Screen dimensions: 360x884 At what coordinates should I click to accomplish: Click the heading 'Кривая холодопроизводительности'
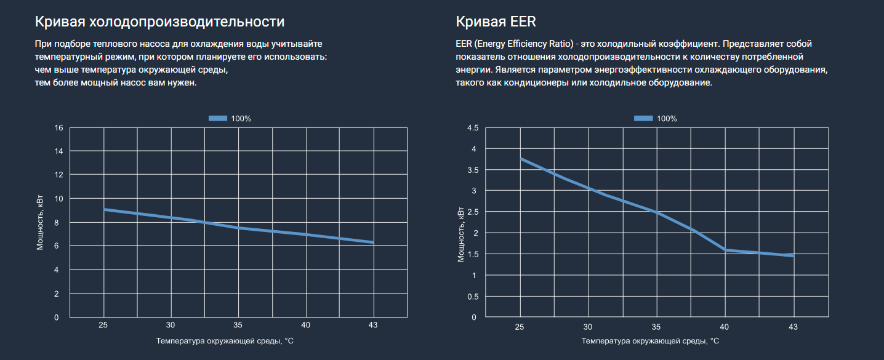click(x=159, y=22)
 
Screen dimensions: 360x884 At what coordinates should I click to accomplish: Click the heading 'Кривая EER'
click(x=496, y=22)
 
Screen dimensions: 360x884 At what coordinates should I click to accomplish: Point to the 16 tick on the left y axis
click(x=59, y=128)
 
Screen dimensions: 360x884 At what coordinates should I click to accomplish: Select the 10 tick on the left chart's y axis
click(x=59, y=199)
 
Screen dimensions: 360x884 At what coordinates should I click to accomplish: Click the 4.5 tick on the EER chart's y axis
click(x=473, y=128)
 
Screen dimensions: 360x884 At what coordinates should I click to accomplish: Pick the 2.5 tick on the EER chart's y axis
click(x=473, y=212)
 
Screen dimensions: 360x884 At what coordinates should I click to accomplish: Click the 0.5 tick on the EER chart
click(x=473, y=297)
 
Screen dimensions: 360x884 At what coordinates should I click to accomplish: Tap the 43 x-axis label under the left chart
click(x=372, y=325)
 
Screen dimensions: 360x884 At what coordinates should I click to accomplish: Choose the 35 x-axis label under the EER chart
click(x=656, y=327)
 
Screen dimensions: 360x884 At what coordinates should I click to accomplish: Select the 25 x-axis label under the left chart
click(x=103, y=325)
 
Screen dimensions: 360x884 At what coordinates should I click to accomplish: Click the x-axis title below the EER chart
click(x=650, y=341)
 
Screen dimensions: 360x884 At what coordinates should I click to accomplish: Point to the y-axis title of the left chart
click(x=40, y=223)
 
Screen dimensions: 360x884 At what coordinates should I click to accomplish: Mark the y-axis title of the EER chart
click(x=461, y=234)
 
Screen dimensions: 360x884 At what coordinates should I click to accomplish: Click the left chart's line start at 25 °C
click(x=104, y=209)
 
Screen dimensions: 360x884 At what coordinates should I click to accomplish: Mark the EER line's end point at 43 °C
click(x=793, y=255)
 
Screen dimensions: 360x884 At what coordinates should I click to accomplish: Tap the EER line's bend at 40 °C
click(x=725, y=250)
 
